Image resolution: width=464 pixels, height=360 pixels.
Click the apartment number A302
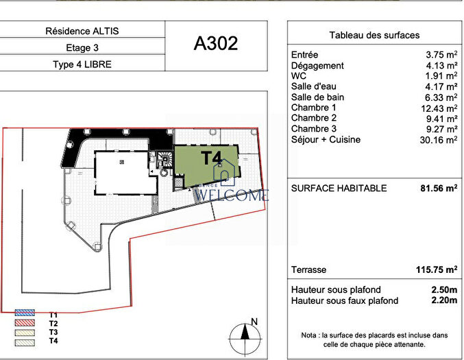click(216, 43)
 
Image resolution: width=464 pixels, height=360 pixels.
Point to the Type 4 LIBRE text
click(82, 64)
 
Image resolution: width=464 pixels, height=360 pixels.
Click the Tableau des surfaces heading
click(374, 35)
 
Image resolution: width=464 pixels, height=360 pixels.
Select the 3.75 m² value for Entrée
click(441, 54)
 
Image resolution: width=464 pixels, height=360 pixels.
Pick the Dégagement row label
click(317, 65)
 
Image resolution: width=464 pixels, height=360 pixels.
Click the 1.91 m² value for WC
click(441, 75)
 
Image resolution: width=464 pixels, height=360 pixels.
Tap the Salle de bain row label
click(317, 97)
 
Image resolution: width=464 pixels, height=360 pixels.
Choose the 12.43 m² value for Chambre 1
click(439, 108)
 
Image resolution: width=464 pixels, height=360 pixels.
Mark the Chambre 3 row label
click(314, 128)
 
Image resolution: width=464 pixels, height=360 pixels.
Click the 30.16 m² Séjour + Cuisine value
click(439, 139)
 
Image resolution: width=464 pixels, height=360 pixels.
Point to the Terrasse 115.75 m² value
click(437, 270)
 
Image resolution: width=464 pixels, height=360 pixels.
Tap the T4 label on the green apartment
click(211, 158)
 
